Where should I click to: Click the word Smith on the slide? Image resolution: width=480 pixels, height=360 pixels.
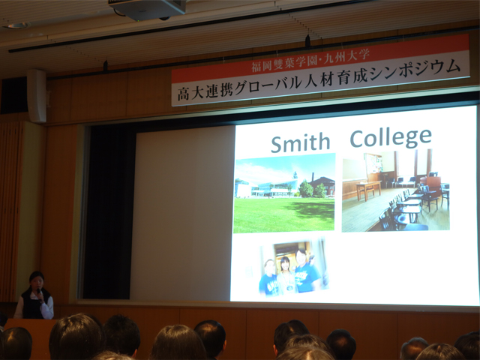tap(300, 142)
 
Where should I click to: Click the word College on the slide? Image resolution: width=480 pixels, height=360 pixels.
tap(391, 138)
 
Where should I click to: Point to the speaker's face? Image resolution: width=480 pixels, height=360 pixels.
tap(37, 281)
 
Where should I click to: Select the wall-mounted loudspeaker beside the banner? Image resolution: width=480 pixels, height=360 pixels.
tap(37, 96)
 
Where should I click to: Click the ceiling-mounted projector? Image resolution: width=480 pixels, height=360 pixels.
tap(147, 9)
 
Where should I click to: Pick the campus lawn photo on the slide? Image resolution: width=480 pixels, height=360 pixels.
tap(284, 193)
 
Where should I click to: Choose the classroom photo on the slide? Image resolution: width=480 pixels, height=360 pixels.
tap(395, 190)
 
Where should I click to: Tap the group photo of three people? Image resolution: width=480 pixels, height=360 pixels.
tap(293, 267)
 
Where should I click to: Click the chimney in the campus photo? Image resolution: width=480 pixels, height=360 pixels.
tap(313, 178)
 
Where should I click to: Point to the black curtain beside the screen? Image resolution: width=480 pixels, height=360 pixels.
tap(109, 211)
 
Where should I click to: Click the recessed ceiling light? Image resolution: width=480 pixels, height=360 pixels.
tap(17, 25)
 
